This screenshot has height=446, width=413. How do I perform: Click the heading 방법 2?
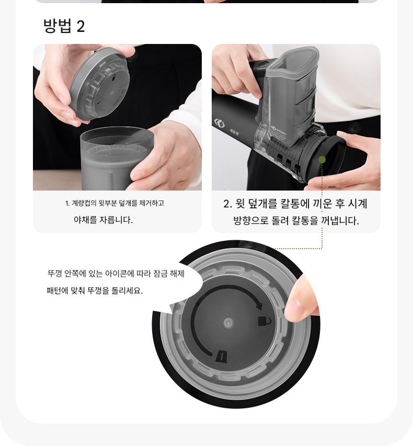tap(64, 26)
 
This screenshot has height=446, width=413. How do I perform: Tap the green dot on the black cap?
tap(322, 160)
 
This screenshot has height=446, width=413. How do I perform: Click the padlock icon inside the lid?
tap(264, 321)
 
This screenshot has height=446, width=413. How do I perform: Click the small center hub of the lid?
tap(228, 323)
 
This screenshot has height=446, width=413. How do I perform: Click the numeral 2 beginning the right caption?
tap(226, 204)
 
